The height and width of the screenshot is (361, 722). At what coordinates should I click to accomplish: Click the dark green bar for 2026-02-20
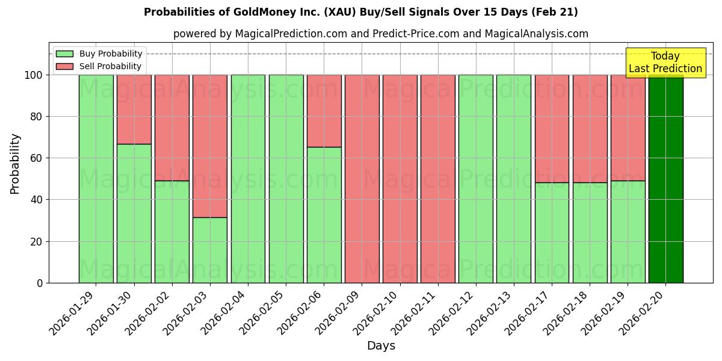coord(665,179)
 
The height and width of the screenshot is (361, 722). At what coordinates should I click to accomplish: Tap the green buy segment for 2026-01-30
coord(134,213)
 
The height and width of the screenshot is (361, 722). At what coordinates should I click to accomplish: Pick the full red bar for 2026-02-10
coord(400,179)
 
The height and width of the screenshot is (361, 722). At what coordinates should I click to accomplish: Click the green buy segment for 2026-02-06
coord(324,215)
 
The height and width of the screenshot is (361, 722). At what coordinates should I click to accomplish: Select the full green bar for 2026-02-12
coord(476,179)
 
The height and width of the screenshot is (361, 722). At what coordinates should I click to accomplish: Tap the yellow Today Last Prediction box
coord(665,63)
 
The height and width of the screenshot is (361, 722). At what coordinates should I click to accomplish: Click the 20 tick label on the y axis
coord(37,241)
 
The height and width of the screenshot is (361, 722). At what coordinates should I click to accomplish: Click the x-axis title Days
coord(381,346)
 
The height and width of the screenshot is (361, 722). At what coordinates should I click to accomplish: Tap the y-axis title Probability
coord(15,163)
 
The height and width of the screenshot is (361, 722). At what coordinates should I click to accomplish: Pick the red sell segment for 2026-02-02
coord(172,128)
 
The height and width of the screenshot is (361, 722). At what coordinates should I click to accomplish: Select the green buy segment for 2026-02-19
coord(628,232)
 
